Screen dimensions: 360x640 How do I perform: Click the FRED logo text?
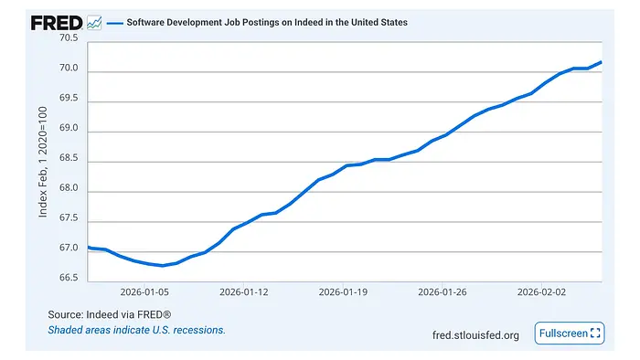[56, 23]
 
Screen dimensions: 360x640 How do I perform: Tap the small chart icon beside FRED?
[94, 23]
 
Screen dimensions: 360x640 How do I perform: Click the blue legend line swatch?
[115, 23]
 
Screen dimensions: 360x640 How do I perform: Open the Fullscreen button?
[569, 334]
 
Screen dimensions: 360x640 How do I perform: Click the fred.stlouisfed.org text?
[475, 335]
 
